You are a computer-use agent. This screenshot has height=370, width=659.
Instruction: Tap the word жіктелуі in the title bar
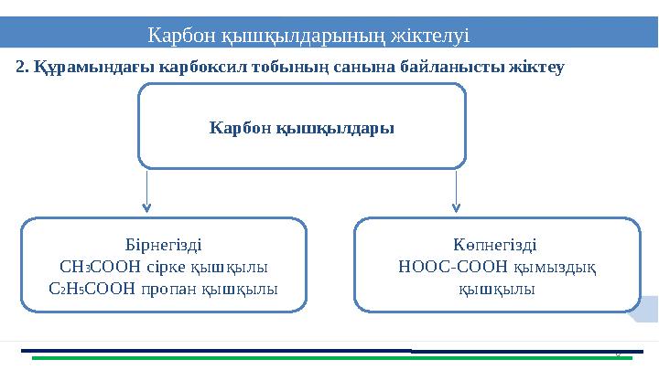pyautogui.click(x=430, y=37)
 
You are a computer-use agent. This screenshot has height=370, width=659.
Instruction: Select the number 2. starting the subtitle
pyautogui.click(x=24, y=67)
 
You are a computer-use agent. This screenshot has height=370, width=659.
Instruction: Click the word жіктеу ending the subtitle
pyautogui.click(x=537, y=67)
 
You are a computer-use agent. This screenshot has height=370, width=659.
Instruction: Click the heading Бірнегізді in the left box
pyautogui.click(x=164, y=245)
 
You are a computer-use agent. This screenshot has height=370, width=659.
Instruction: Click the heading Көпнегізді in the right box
pyautogui.click(x=495, y=245)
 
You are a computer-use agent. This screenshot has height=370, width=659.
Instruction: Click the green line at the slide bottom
pyautogui.click(x=320, y=358)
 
